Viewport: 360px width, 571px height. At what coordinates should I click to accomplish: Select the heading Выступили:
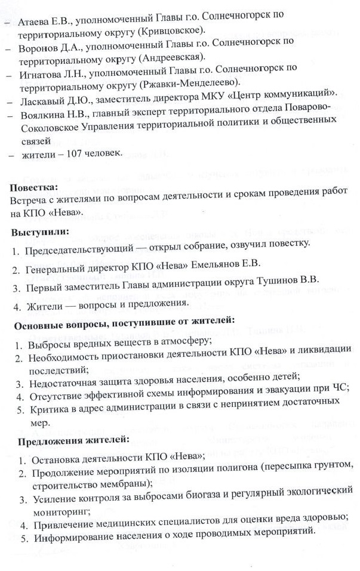[x=39, y=231]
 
